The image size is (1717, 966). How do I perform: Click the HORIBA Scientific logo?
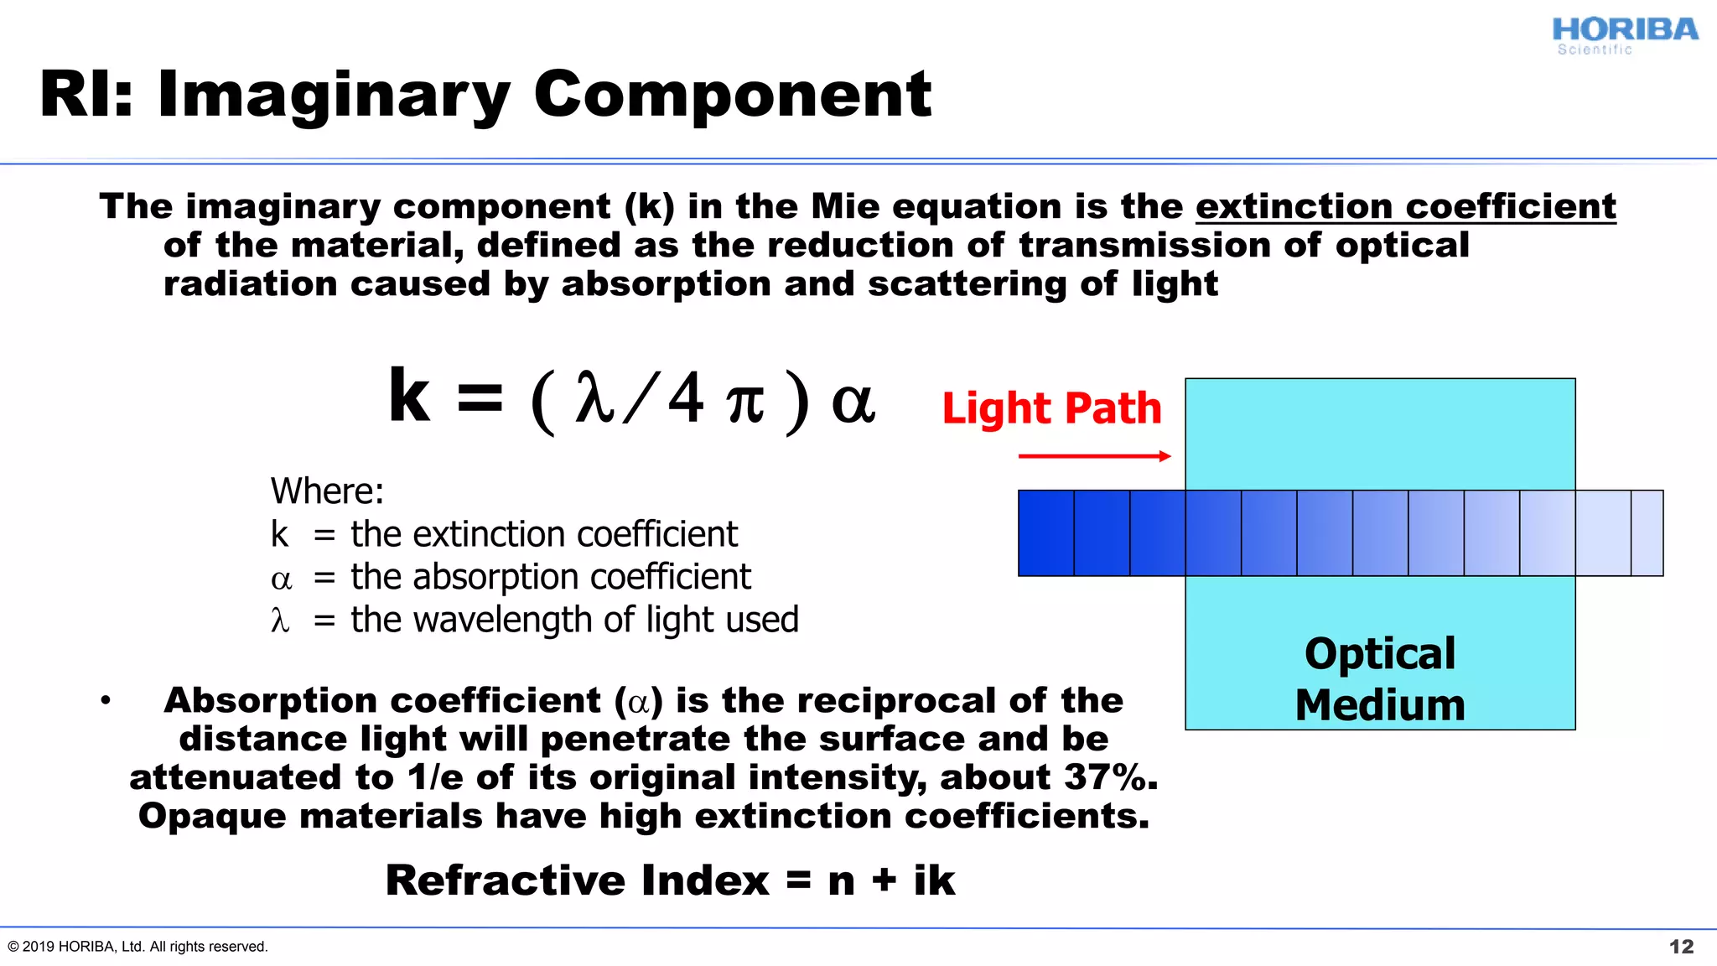tap(1624, 35)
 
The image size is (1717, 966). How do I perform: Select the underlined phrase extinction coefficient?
tap(1405, 207)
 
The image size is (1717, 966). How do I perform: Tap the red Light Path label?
tap(1051, 408)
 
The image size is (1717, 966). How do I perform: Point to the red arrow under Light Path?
tap(1094, 456)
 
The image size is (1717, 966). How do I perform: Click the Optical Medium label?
tap(1380, 678)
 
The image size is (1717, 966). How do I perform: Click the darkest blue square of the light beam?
tap(1045, 533)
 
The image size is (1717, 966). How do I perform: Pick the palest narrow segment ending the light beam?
tap(1647, 533)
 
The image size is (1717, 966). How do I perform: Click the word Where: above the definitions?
tap(327, 491)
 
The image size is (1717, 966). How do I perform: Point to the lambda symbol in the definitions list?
tap(280, 621)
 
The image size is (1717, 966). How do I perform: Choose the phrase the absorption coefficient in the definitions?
tap(550, 577)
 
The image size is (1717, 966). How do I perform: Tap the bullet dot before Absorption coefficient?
tap(106, 700)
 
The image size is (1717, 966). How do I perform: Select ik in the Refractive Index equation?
tap(934, 880)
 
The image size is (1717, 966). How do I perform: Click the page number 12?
tap(1681, 947)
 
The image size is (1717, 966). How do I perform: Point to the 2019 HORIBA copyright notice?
tap(137, 947)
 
